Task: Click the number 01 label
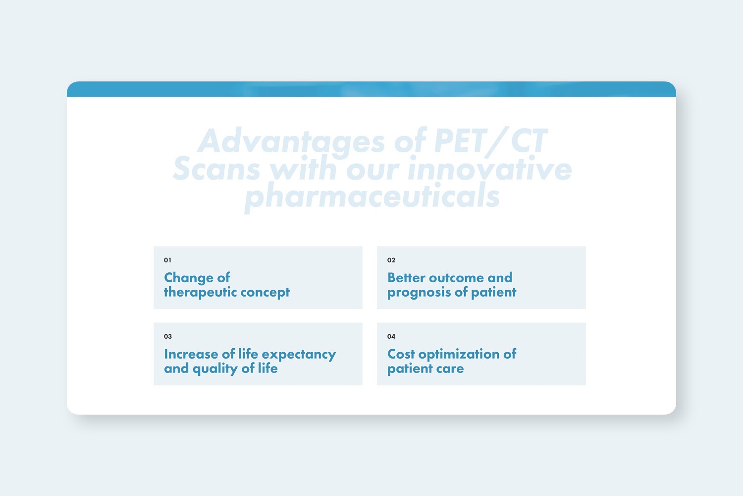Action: [x=167, y=260]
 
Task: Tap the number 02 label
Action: [x=391, y=260]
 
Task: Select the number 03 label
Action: [x=167, y=336]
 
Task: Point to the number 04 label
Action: [x=391, y=336]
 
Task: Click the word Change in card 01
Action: [x=188, y=278]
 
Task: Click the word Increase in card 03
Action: [x=191, y=354]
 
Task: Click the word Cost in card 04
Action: [x=401, y=354]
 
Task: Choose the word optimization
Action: [x=459, y=354]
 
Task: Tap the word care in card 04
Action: [x=450, y=369]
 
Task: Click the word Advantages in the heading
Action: [x=291, y=141]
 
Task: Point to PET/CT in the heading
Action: [x=490, y=141]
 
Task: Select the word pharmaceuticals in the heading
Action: [x=372, y=196]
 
